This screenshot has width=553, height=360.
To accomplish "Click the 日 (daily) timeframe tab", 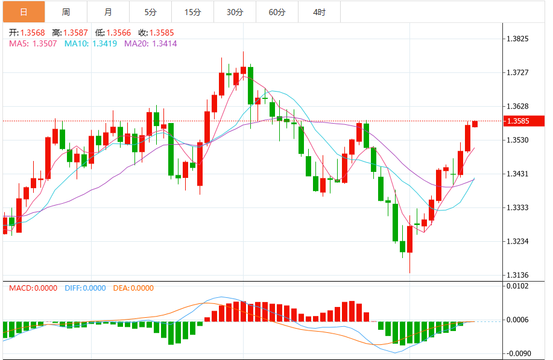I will click(24, 12).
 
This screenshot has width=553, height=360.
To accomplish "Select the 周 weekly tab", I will click(66, 12).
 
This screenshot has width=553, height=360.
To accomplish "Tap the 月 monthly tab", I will click(108, 12).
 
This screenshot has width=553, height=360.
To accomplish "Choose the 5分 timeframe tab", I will click(150, 12).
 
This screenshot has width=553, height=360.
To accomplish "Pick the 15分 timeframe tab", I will click(192, 12).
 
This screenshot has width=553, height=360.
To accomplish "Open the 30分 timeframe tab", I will click(235, 12).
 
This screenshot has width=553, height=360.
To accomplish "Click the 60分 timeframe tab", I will click(277, 12).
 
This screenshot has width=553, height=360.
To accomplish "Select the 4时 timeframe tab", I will click(320, 12).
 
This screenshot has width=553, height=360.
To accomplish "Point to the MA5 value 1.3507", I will click(45, 43).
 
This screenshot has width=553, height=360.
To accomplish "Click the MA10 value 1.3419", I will click(104, 43).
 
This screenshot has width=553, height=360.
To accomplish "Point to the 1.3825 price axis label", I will click(518, 39).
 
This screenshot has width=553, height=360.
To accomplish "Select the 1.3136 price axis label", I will click(518, 276).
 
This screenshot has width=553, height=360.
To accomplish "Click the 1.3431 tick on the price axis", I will click(518, 174).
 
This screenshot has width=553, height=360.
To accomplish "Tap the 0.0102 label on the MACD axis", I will click(518, 286).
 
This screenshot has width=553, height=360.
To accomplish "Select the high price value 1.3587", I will click(77, 33).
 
